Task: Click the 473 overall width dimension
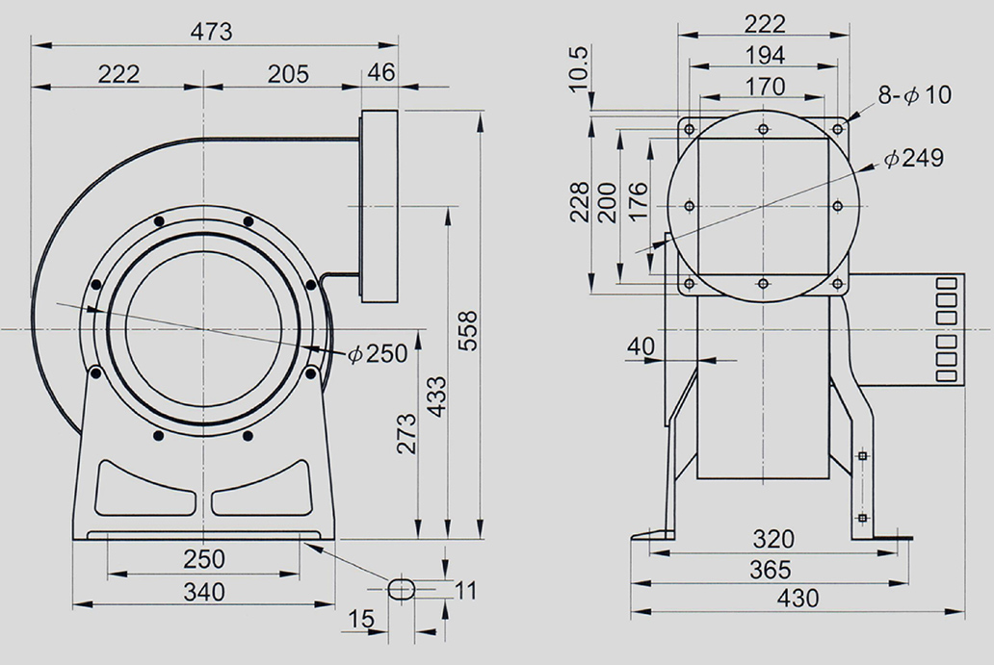click(212, 31)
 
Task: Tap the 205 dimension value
click(288, 74)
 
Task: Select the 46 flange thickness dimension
click(381, 71)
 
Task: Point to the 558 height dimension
click(468, 330)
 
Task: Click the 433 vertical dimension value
click(436, 397)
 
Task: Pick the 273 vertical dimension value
click(406, 433)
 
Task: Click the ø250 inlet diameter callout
click(378, 353)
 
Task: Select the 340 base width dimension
click(204, 592)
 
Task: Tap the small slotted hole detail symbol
click(401, 588)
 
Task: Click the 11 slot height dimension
click(465, 590)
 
